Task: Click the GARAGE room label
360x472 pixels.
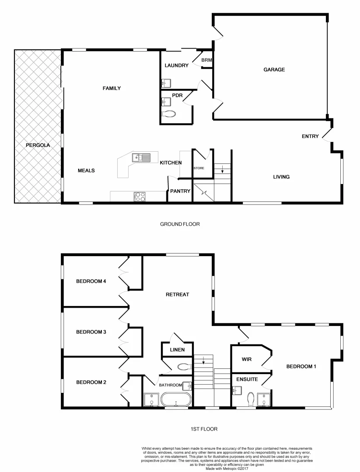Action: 274,69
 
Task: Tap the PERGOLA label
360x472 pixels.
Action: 35,145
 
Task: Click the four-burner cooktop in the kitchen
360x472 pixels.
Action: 140,197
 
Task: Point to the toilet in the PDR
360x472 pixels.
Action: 168,114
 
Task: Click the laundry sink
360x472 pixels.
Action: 167,83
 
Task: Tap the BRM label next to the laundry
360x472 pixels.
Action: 206,60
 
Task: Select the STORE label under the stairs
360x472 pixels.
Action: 199,168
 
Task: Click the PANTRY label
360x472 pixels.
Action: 180,191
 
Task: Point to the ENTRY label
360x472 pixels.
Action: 310,136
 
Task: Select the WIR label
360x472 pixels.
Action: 247,359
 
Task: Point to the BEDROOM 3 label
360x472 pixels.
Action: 91,332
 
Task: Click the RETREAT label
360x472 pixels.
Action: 177,294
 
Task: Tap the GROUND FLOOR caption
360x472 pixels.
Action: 180,224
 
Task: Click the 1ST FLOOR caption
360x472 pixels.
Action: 204,429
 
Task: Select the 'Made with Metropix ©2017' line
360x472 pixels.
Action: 227,468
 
